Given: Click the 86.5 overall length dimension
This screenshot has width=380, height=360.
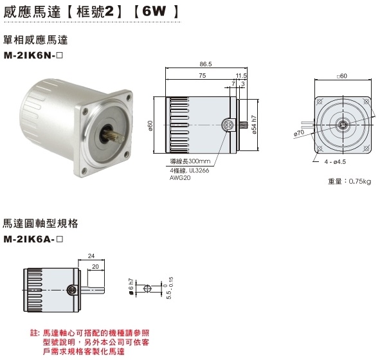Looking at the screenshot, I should click(206, 64).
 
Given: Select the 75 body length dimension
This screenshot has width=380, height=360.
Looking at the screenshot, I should click(202, 76).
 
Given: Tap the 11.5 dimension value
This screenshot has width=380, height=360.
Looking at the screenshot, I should click(241, 76).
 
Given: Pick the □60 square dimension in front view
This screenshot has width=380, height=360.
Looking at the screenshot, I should click(341, 76).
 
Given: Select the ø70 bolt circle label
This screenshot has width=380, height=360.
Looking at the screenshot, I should click(298, 133).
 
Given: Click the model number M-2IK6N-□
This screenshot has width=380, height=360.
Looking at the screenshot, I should click(43, 55).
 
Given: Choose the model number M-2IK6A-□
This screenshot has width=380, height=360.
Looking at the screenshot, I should click(43, 239).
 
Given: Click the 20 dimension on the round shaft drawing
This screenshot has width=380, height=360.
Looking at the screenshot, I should click(95, 265).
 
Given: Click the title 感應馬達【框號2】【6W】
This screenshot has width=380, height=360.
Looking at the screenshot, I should click(90, 11).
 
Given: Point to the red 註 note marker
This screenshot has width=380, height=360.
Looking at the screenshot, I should click(35, 334).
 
